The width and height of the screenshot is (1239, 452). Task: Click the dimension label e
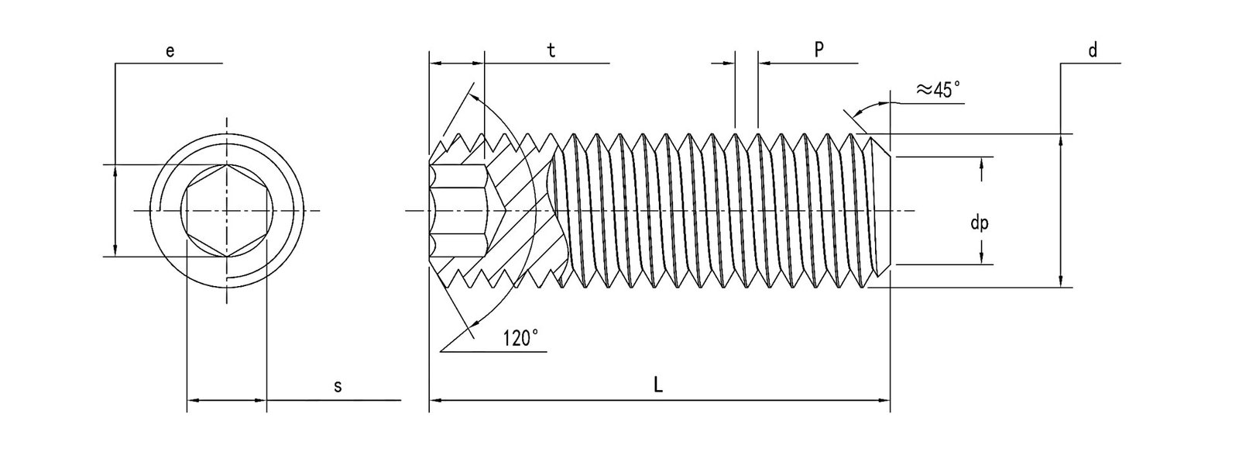[x=170, y=51]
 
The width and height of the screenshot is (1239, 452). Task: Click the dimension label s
[x=338, y=386]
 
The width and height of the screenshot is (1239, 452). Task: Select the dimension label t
[x=551, y=50]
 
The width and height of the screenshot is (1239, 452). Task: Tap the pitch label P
[x=818, y=49]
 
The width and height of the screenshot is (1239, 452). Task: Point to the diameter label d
[x=1093, y=50]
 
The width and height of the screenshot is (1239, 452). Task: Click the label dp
[x=979, y=223]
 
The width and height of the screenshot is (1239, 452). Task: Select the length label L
[x=657, y=385]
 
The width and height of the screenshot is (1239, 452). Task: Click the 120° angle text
[x=520, y=338]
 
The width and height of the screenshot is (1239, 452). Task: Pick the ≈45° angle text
[x=939, y=90]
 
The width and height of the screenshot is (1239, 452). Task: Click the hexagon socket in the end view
[x=227, y=210]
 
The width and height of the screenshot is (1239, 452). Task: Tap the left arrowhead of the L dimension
[x=434, y=401]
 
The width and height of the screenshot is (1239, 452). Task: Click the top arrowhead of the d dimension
[x=1061, y=139]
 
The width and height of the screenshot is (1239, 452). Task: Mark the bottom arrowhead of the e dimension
[x=115, y=251]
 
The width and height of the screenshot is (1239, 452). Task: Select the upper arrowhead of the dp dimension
[x=981, y=162]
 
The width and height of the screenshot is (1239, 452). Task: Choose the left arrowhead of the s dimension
[x=193, y=401]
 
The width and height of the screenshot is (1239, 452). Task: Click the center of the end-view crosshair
[x=227, y=210]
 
